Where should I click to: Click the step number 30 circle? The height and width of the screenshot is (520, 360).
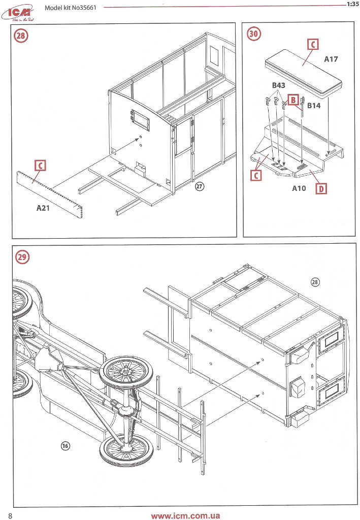(253, 35)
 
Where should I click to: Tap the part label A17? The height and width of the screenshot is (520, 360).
(331, 59)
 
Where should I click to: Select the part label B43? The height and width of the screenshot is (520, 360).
(278, 86)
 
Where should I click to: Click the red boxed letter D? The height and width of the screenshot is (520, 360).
(321, 189)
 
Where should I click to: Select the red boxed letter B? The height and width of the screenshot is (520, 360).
(293, 100)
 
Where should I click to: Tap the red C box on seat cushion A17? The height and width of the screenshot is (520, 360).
(313, 45)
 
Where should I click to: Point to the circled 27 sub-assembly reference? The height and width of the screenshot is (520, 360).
(200, 187)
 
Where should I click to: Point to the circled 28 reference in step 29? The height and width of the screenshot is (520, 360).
(314, 282)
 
